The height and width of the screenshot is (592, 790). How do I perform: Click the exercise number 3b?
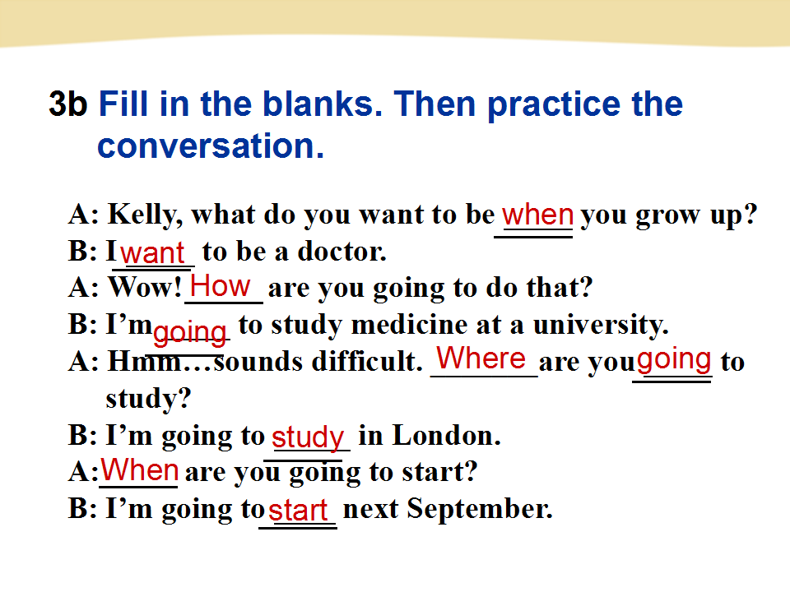68,104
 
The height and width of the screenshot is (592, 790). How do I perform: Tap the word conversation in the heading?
211,146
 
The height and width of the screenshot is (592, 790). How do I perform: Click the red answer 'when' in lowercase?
537,215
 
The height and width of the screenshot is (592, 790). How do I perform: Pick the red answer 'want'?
153,252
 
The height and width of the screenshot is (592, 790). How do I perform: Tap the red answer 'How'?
221,286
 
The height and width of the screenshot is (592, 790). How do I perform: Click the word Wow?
145,288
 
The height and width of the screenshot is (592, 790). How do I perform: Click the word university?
601,326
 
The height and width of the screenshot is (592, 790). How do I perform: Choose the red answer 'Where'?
481,358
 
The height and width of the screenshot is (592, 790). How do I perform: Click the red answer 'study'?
308,437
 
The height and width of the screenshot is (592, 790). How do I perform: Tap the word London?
446,435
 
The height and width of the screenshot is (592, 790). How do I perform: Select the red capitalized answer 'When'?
140,469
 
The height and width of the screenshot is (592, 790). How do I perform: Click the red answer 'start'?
298,511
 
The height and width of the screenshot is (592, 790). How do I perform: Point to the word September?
480,509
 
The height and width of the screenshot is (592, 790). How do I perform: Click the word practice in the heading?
553,104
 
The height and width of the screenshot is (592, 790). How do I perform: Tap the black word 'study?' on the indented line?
149,399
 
